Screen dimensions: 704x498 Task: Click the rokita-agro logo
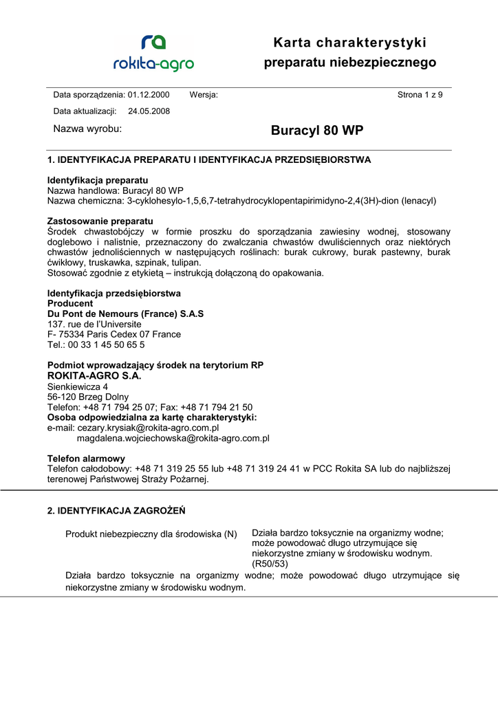tap(153, 53)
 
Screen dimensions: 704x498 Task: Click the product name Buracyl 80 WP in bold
tap(317, 131)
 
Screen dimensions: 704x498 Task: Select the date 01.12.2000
tap(148, 95)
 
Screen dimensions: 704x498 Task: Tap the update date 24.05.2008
tap(149, 111)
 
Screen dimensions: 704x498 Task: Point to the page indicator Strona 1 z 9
tap(420, 95)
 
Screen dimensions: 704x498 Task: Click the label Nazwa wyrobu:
tap(87, 129)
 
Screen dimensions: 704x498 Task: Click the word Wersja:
tap(204, 95)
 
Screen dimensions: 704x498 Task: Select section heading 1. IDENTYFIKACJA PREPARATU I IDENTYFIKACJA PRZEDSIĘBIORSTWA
tap(209, 159)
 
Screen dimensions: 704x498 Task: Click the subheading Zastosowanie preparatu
tap(100, 221)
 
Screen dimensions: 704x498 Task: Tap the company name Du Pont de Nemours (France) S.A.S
tap(125, 313)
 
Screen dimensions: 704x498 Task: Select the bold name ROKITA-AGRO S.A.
tap(94, 376)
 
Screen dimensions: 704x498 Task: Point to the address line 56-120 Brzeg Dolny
tap(87, 397)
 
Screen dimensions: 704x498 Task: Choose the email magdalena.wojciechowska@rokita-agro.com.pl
tap(173, 438)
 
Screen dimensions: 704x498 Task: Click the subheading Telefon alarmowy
tap(86, 459)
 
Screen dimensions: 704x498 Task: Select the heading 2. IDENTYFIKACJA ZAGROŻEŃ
tap(116, 511)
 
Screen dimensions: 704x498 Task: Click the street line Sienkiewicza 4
tap(77, 386)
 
